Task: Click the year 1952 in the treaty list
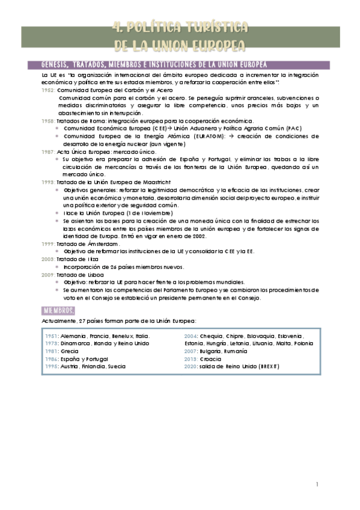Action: tap(48, 90)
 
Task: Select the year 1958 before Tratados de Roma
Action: tap(48, 121)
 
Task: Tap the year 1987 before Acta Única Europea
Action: tap(48, 152)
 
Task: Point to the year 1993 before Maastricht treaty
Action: tap(48, 182)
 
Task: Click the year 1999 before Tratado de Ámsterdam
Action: tap(48, 244)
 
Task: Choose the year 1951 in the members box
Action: tap(52, 336)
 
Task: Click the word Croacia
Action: tap(210, 358)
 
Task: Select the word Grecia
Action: tap(70, 351)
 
